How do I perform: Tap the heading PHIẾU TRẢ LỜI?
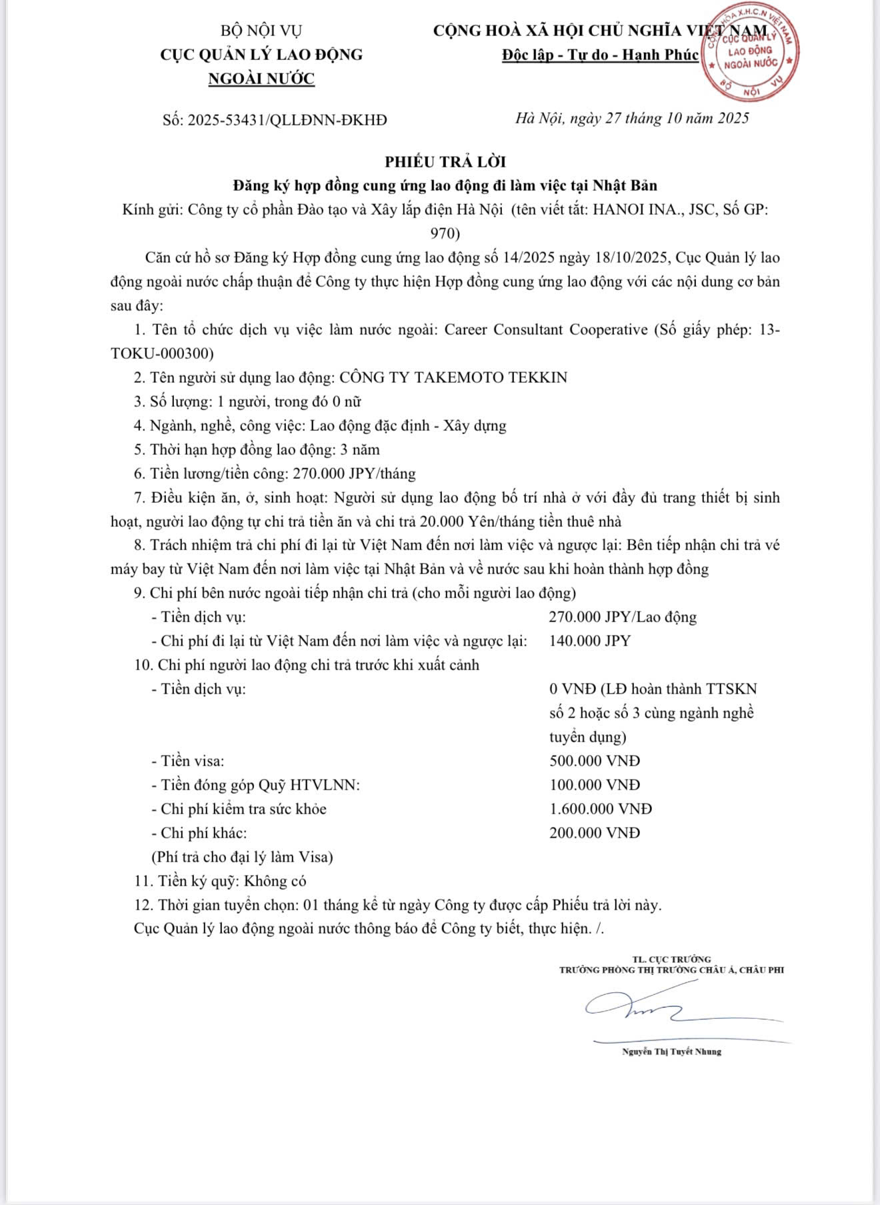click(445, 162)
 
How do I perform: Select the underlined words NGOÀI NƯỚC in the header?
click(261, 79)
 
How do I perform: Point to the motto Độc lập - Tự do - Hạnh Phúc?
click(600, 55)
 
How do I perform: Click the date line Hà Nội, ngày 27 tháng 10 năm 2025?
click(632, 119)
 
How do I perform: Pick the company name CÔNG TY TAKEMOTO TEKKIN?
click(453, 377)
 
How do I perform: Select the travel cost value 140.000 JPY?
click(589, 641)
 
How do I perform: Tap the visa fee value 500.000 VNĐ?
click(594, 761)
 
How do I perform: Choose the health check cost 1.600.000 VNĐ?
click(600, 809)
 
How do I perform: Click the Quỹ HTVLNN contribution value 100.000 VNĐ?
click(594, 785)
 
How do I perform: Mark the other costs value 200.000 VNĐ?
click(594, 833)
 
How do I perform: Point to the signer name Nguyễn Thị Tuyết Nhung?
click(671, 1052)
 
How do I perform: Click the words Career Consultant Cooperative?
click(545, 329)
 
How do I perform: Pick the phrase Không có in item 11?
click(275, 881)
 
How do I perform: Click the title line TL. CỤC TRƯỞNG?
click(671, 959)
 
